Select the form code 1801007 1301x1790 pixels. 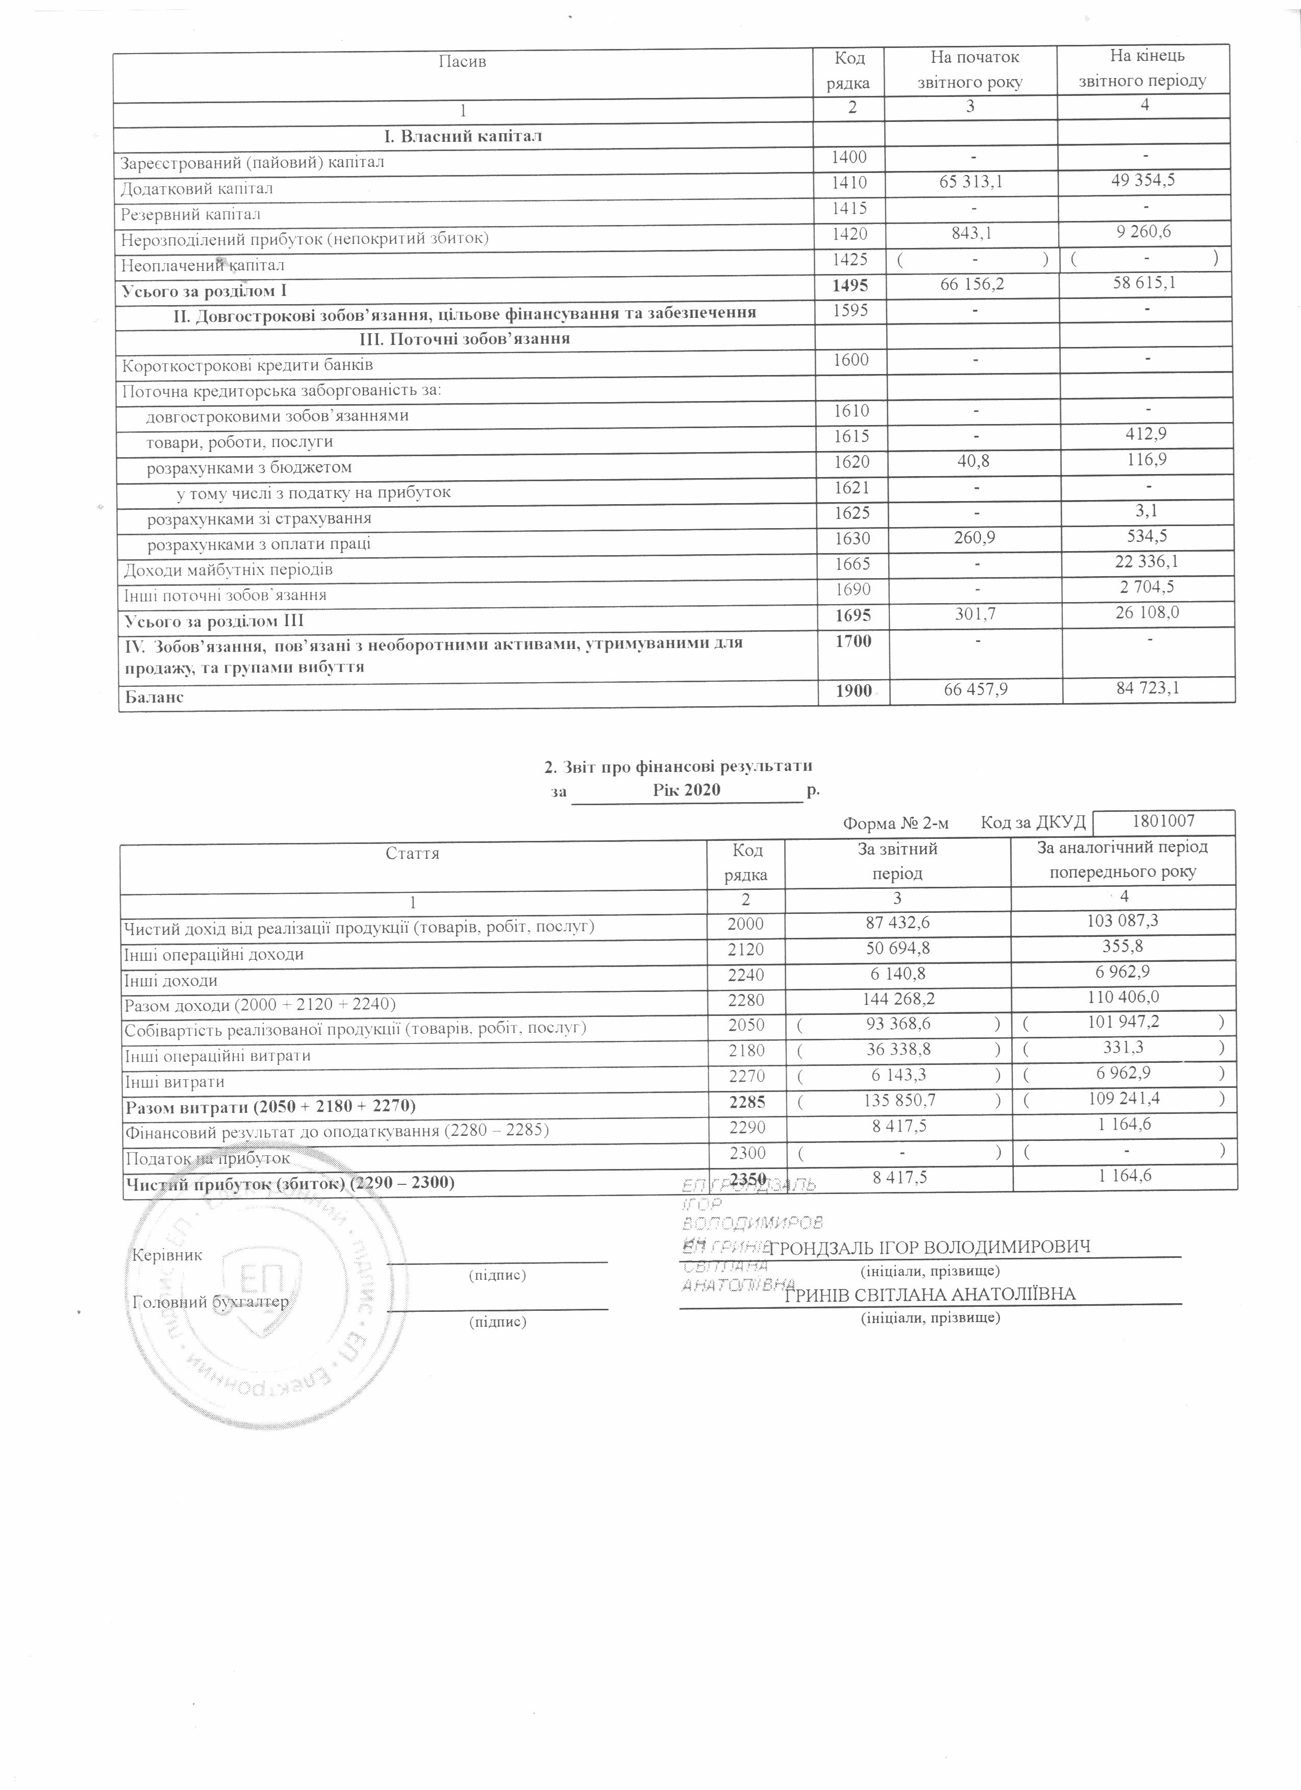1164,821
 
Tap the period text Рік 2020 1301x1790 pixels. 686,790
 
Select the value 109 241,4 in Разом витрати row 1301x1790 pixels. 1124,1099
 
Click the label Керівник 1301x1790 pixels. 168,1255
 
